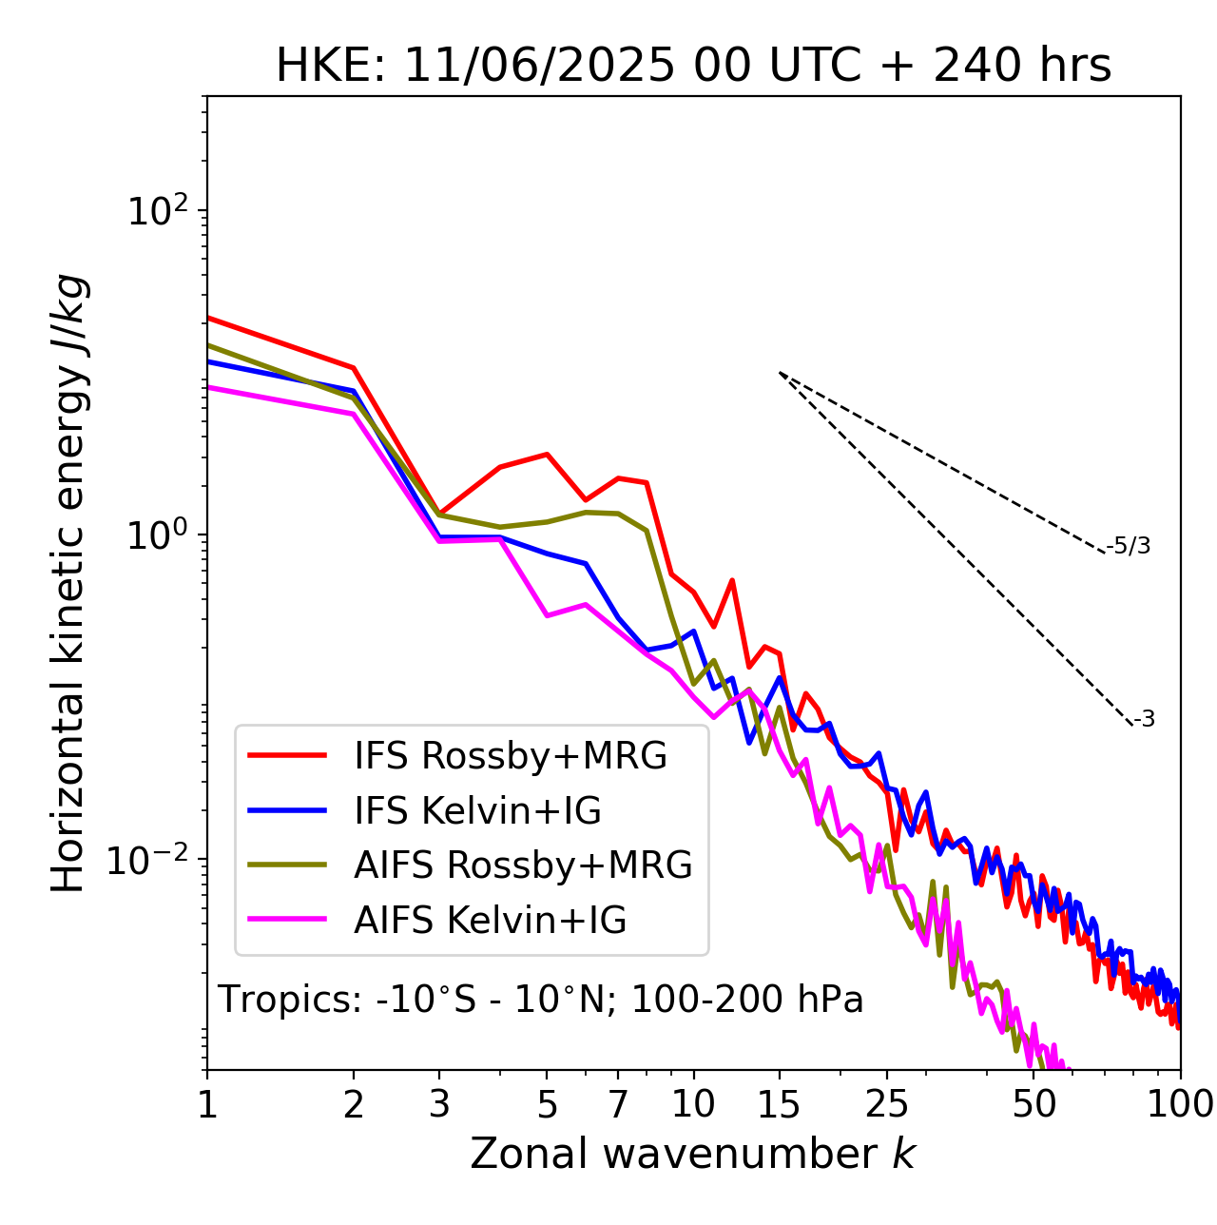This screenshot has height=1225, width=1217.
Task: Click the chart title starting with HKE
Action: tap(693, 66)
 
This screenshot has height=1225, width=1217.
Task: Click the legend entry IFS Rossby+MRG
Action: tap(511, 756)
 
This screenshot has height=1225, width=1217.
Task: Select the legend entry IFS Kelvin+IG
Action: tap(477, 811)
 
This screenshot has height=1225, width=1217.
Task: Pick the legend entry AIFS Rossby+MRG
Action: tap(523, 865)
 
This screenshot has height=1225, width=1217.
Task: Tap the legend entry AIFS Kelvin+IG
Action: tap(490, 921)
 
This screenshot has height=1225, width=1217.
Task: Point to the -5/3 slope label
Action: tap(1129, 546)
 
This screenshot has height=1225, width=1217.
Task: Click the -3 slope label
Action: tap(1144, 720)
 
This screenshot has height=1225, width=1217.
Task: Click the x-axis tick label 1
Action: tap(207, 1104)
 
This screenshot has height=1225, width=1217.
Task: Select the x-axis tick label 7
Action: tap(618, 1104)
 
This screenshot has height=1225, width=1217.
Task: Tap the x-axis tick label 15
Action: tap(779, 1104)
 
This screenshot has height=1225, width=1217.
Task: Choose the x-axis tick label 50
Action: tap(1034, 1104)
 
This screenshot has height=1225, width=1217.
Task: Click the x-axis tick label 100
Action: tap(1180, 1104)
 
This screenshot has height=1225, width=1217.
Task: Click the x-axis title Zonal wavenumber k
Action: tap(693, 1154)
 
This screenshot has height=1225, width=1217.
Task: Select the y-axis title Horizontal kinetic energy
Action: tap(69, 584)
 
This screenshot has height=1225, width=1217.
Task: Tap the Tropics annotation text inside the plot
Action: tap(541, 1000)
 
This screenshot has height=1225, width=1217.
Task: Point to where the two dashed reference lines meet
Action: tap(780, 373)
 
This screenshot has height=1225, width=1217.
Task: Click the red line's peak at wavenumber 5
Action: tap(547, 454)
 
